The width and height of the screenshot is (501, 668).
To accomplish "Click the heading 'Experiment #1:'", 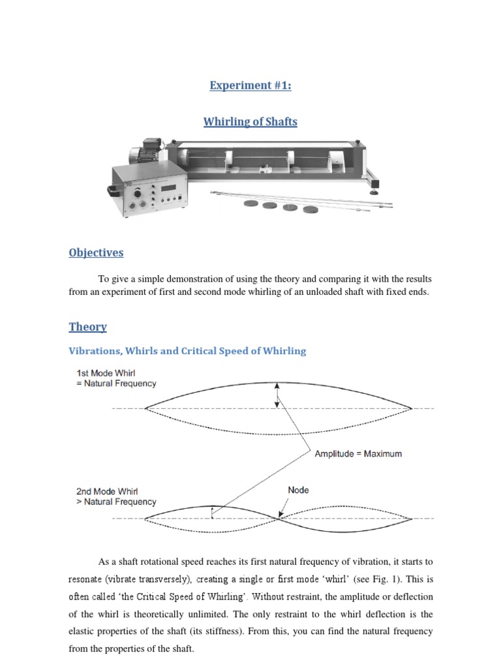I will (250, 85).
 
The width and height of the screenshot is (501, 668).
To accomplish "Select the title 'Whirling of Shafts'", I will (250, 122).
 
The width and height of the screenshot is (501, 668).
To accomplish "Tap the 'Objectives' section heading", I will (96, 252).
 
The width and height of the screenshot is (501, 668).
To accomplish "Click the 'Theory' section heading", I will (87, 327).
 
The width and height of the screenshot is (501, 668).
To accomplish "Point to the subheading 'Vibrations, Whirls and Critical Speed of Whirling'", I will (187, 351).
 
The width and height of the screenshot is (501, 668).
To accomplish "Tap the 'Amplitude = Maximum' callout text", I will (358, 453).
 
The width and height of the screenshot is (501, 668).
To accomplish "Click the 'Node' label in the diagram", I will (298, 490).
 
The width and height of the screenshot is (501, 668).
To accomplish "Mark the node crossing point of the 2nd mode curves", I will (279, 519).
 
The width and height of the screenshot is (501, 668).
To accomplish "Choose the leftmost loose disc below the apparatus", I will (251, 204).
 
